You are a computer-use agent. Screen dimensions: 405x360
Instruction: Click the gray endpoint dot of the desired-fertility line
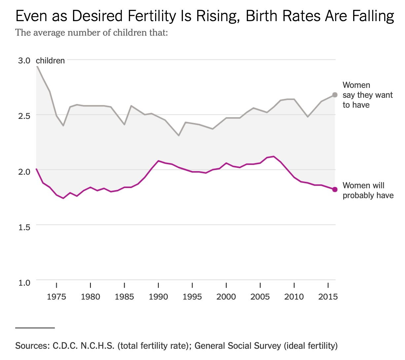coord(335,95)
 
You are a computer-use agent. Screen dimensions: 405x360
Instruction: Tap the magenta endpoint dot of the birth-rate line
coord(335,189)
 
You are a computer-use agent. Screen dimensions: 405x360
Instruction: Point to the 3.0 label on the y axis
coord(24,60)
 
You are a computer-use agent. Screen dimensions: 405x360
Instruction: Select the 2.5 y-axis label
coord(24,116)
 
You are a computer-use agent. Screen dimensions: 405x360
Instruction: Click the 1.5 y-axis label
coord(24,227)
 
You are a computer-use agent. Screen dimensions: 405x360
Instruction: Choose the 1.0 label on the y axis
coord(24,282)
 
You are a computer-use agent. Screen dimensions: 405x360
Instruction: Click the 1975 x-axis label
coord(56,297)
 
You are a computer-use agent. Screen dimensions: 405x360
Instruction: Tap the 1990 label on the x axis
coord(158,297)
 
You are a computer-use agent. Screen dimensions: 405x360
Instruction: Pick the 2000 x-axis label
coord(226,297)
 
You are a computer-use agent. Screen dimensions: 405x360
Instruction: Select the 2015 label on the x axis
coord(328,297)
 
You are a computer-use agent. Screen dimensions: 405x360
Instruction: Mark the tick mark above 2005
coord(260,285)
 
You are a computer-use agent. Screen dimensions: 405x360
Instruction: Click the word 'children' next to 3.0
coord(50,60)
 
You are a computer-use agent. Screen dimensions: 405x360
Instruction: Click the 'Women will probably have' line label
coord(368,190)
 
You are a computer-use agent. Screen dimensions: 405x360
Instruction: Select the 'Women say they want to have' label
coord(368,95)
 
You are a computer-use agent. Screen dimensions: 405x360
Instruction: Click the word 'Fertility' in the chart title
coord(152,16)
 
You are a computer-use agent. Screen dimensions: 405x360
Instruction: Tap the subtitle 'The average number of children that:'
coord(92,32)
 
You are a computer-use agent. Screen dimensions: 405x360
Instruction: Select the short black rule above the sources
coord(35,328)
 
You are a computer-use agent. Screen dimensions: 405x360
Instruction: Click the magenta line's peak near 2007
coord(274,156)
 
